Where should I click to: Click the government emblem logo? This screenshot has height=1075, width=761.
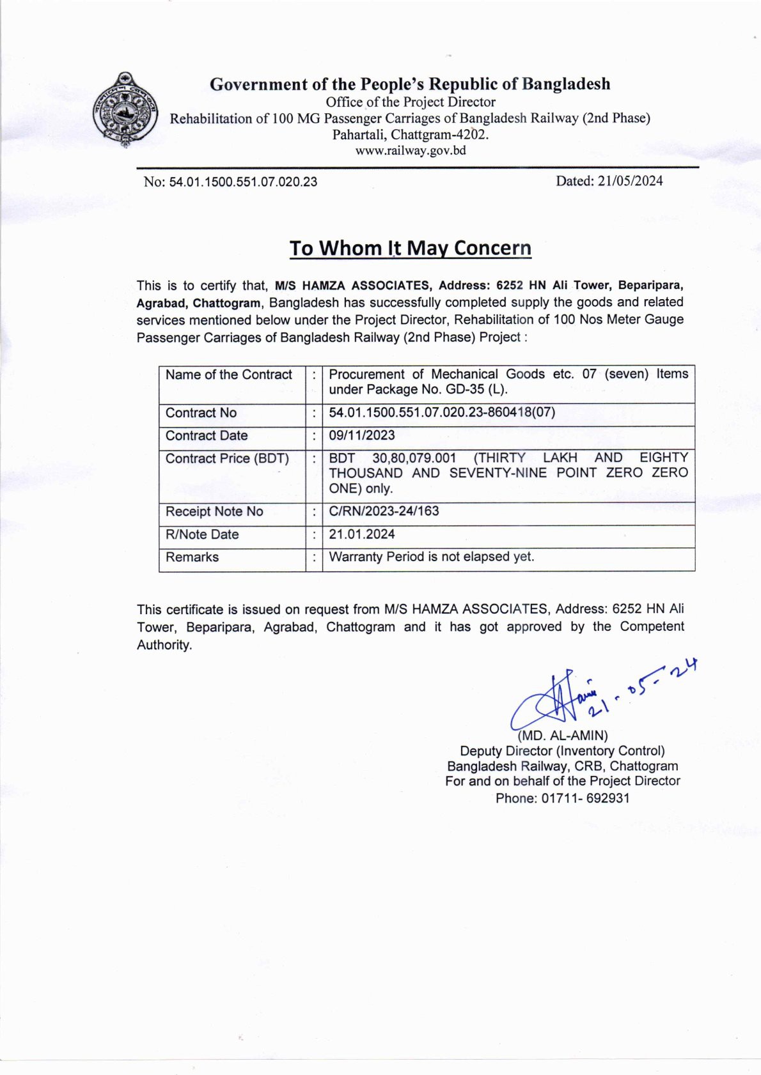125,110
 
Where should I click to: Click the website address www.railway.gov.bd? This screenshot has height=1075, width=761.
411,151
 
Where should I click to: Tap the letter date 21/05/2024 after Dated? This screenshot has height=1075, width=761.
630,181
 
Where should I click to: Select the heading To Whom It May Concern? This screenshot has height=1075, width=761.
410,248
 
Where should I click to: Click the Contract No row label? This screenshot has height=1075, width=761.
201,413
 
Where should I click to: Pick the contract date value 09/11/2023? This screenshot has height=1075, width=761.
362,435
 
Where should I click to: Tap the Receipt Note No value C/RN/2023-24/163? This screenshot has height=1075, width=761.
384,511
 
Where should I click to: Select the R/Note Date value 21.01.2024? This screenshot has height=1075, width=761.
362,534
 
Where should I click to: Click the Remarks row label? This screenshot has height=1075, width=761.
192,557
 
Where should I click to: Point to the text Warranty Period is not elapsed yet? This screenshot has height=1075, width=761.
431,557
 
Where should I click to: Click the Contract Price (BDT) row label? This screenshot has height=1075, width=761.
227,458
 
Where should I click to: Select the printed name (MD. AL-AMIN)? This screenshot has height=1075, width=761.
563,735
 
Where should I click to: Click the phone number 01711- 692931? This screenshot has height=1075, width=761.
585,798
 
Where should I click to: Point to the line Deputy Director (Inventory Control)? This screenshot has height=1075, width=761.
562,750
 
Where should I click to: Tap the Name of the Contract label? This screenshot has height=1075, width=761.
228,375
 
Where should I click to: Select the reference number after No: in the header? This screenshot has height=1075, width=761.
243,182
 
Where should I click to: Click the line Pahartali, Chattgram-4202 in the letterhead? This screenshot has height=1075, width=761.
410,135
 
